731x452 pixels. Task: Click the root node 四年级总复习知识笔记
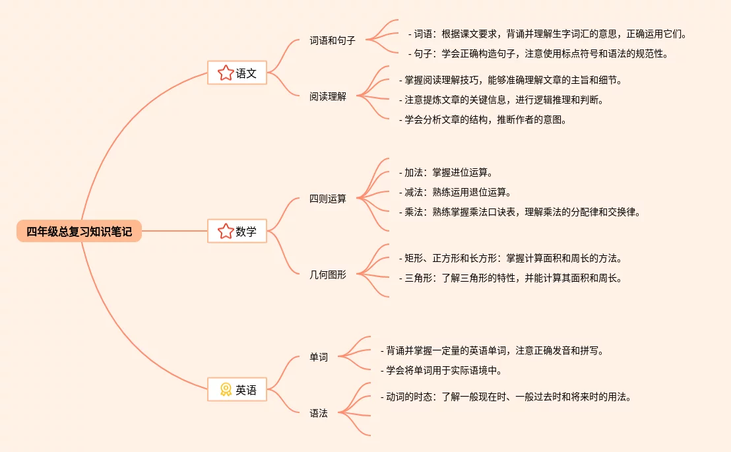(x=79, y=232)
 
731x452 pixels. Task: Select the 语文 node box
(x=237, y=73)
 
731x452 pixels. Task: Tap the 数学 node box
(x=237, y=232)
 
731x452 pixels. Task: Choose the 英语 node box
(x=237, y=390)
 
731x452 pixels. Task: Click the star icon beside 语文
(x=226, y=73)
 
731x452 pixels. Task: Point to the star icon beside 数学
(x=226, y=232)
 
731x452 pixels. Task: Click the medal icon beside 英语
(x=226, y=390)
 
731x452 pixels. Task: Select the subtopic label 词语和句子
(x=333, y=40)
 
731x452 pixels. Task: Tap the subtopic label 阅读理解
(x=328, y=96)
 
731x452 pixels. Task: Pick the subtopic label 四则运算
(x=328, y=199)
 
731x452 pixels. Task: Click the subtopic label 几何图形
(x=328, y=274)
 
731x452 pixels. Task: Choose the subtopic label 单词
(x=319, y=357)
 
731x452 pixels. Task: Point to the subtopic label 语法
(x=319, y=413)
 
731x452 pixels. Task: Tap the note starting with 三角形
(x=511, y=278)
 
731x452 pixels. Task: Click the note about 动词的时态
(x=506, y=397)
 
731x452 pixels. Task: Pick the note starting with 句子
(x=538, y=53)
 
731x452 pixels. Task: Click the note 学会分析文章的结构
(x=483, y=119)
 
